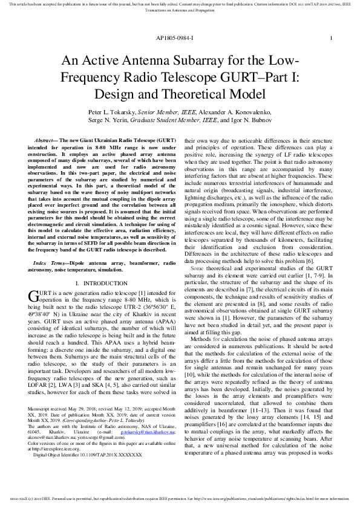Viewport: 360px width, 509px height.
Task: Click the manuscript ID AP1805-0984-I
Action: (174, 37)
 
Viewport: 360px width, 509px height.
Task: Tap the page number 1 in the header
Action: (331, 37)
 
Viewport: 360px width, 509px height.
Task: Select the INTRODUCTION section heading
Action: (100, 283)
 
